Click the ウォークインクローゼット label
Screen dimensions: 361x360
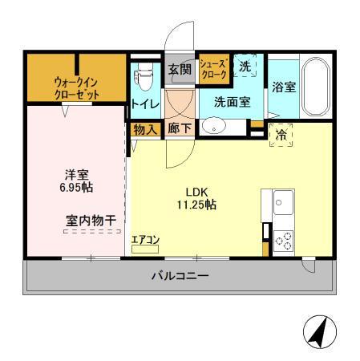point(78,87)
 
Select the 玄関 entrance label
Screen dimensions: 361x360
point(180,70)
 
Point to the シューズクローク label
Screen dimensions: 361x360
point(214,68)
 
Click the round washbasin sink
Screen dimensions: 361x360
point(213,125)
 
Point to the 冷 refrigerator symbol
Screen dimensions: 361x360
point(281,136)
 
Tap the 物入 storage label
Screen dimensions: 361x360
point(144,128)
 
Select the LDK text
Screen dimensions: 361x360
point(197,192)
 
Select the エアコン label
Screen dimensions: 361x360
point(145,239)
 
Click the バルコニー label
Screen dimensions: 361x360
point(180,277)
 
